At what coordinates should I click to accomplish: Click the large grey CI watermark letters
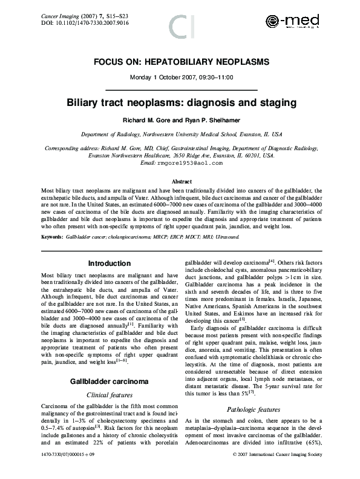coord(180,27)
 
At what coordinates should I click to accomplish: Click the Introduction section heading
coord(109,263)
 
